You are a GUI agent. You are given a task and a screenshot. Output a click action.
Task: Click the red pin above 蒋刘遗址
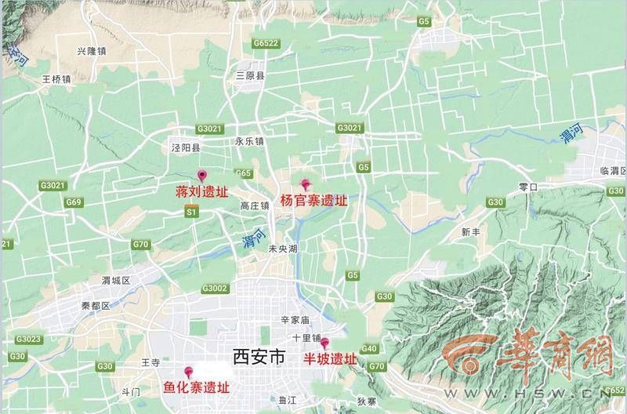point(201,176)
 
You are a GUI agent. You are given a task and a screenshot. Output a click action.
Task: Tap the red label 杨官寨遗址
point(313,201)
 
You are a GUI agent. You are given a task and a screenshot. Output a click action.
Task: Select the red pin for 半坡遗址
point(324,343)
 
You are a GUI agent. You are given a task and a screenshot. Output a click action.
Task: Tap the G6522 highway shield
point(266,43)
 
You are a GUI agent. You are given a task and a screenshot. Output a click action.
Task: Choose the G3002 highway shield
point(214,289)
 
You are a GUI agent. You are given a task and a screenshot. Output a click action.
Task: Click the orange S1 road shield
point(191,212)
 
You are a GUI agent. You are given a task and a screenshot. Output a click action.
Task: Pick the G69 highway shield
point(74,202)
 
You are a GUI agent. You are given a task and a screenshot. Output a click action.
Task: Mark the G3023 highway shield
point(27,340)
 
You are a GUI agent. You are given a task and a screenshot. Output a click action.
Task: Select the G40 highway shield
point(369,349)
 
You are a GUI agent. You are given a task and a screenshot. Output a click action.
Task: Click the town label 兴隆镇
point(92,51)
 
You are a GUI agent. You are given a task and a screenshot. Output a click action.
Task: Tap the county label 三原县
point(251,76)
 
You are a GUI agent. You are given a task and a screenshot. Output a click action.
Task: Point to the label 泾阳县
point(186,147)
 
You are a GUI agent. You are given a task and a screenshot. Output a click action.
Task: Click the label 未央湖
point(283,249)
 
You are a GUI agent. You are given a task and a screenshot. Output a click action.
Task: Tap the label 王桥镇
point(56,79)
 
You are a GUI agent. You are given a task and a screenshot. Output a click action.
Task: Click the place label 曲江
point(288,400)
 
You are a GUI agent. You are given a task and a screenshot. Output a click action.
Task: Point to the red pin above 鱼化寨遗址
point(188,372)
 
